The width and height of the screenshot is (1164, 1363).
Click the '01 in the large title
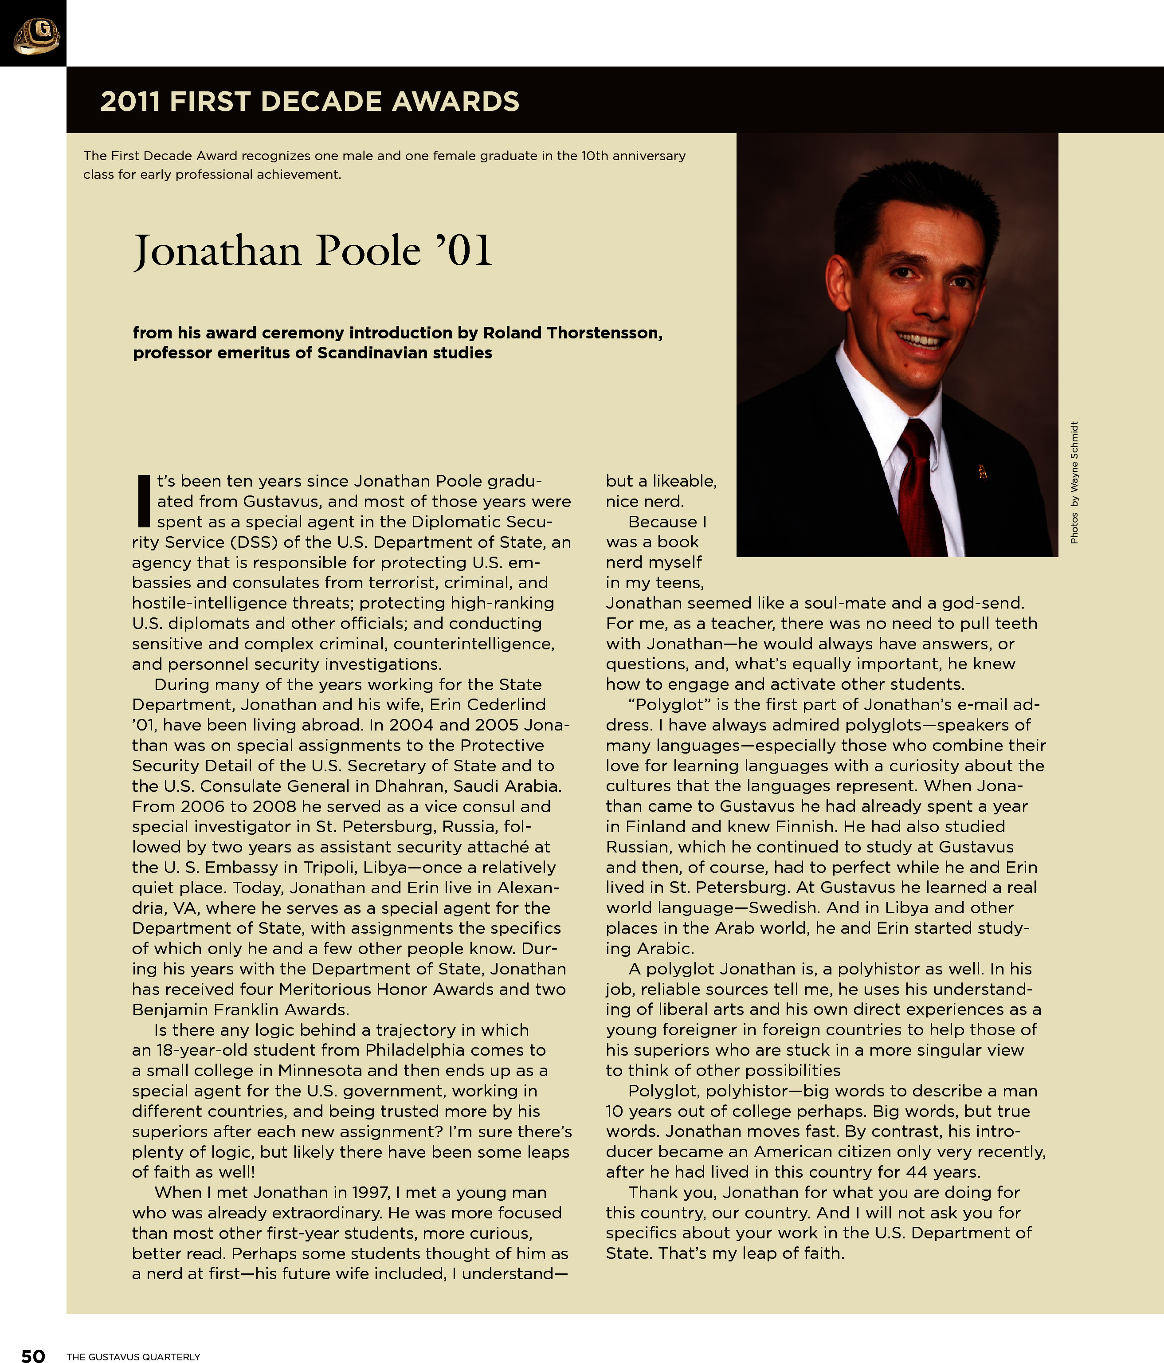pos(464,251)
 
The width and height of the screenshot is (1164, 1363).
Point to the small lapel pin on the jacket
pos(983,471)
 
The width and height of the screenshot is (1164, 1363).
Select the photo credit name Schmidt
pos(1074,442)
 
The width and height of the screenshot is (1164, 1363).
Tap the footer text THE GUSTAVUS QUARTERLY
pos(133,1356)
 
